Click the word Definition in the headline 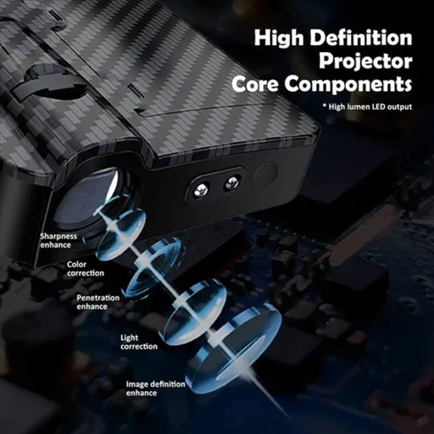(361, 37)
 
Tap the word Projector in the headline (365, 62)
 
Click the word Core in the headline (255, 84)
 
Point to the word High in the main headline (279, 37)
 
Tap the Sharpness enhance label (59, 240)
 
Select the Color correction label (86, 269)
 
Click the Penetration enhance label (98, 302)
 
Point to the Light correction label (139, 342)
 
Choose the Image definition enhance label (156, 388)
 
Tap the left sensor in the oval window (201, 190)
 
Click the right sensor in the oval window (232, 183)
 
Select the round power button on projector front (266, 174)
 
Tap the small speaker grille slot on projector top (136, 91)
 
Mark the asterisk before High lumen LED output (324, 105)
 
